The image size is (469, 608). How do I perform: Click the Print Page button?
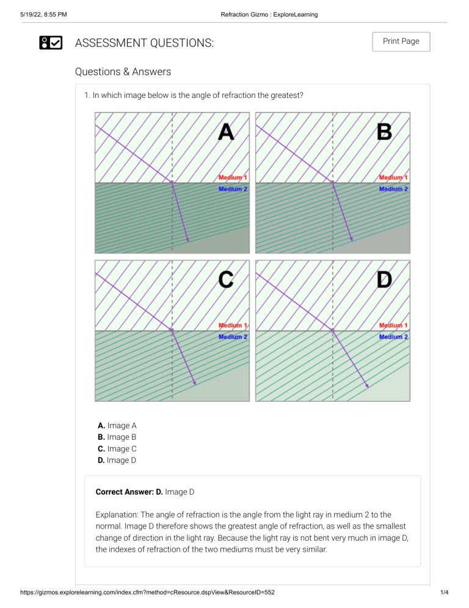(x=401, y=42)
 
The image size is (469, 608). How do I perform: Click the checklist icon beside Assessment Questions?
(x=51, y=43)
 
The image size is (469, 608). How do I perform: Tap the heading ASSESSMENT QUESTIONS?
(x=144, y=43)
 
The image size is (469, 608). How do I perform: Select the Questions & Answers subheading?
(x=123, y=72)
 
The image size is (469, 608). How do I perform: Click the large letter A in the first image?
(x=226, y=132)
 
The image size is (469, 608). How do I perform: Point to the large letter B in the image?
(x=385, y=132)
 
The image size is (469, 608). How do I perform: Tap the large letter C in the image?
(x=226, y=280)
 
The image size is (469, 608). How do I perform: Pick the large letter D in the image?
(x=385, y=280)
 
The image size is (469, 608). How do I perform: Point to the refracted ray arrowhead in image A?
(x=188, y=240)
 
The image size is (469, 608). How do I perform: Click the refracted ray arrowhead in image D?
(x=368, y=386)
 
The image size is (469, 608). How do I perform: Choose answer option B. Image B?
(x=117, y=437)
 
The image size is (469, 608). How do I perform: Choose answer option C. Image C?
(x=117, y=449)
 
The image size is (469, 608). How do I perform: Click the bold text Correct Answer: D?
(x=129, y=492)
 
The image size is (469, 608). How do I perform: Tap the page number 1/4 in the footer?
(x=444, y=593)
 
